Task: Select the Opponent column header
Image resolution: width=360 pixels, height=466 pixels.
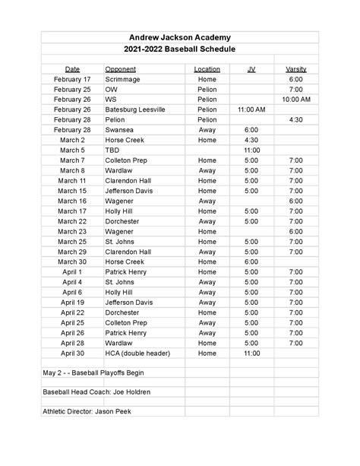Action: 120,69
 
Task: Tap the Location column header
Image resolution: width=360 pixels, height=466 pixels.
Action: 207,69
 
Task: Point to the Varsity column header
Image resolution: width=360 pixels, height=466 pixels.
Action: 295,69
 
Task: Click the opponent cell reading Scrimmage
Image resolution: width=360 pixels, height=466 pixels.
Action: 124,79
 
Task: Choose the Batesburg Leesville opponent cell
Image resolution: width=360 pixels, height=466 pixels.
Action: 137,109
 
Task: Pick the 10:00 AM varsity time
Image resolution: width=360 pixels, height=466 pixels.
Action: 295,100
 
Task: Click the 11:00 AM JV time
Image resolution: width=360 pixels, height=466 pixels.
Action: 251,109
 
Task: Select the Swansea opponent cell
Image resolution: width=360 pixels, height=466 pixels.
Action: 120,130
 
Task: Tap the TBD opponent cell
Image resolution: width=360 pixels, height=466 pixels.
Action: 112,151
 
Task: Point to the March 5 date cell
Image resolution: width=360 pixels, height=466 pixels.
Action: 72,151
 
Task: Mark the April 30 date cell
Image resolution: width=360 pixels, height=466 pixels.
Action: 72,353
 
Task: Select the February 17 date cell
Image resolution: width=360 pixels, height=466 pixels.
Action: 72,79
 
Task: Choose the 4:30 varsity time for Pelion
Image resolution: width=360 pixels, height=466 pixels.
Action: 295,120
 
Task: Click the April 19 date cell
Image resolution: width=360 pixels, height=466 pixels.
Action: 72,302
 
